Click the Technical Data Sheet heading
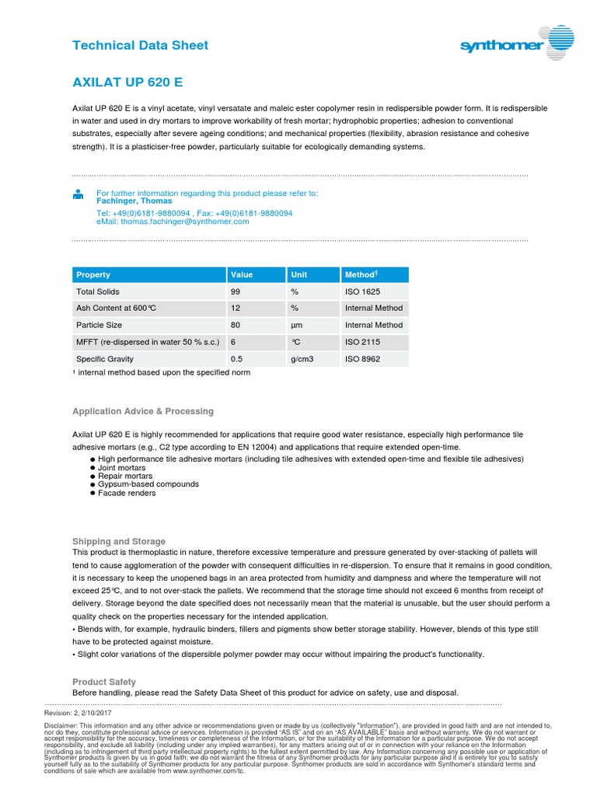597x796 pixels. [140, 45]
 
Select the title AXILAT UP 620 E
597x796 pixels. [127, 82]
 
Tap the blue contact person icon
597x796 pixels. [78, 194]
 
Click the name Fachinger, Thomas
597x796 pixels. [134, 201]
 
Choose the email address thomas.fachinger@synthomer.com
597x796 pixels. [173, 221]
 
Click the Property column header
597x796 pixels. [93, 274]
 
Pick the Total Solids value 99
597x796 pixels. [236, 292]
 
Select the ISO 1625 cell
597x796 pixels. [362, 292]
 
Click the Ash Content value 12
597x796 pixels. [236, 309]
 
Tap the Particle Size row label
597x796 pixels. [99, 325]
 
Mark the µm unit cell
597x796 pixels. [295, 325]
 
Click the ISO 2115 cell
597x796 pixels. [362, 342]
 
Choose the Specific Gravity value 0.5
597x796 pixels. [237, 359]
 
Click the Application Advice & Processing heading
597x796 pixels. [142, 411]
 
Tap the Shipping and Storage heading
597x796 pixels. [118, 541]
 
